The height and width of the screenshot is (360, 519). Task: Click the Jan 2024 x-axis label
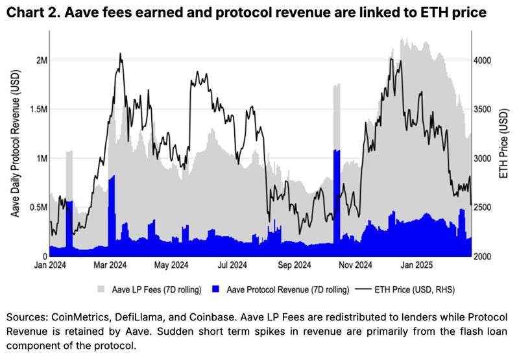click(x=50, y=265)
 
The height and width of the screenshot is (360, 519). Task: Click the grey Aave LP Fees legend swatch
click(x=101, y=288)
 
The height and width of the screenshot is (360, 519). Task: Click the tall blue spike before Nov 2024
click(x=337, y=195)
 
